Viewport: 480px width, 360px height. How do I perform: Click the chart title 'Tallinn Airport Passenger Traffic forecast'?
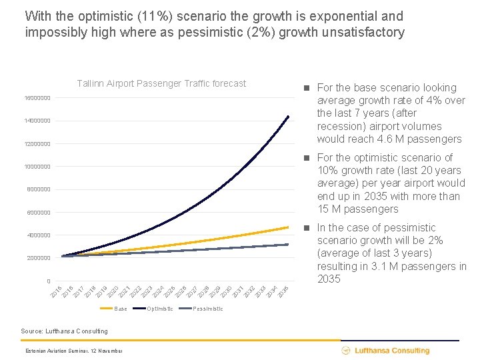pos(161,83)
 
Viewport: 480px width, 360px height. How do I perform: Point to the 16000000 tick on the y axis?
pos(33,98)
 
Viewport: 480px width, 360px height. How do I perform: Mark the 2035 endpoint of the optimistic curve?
pos(288,117)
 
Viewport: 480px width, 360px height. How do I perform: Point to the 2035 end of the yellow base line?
pos(288,227)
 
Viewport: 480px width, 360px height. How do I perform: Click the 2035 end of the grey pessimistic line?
pos(288,245)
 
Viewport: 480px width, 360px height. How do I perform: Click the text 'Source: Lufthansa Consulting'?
pos(64,331)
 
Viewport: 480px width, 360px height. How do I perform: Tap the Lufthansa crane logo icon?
pos(346,351)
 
